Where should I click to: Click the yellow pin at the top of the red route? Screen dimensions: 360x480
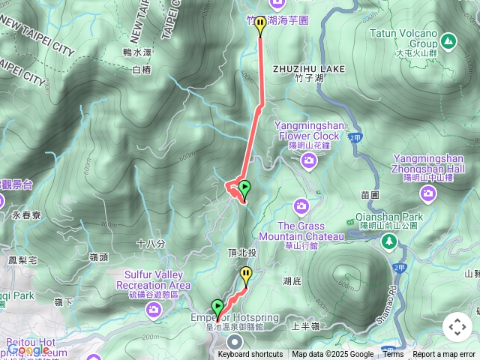pyautogui.click(x=260, y=25)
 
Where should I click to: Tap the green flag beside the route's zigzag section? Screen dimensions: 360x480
pyautogui.click(x=244, y=188)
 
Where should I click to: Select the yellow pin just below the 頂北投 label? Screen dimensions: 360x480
pyautogui.click(x=246, y=275)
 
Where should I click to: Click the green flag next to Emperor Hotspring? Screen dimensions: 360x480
pyautogui.click(x=217, y=307)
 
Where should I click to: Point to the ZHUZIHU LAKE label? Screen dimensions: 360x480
pyautogui.click(x=309, y=68)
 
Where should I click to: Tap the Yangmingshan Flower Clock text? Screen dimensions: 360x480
pyautogui.click(x=307, y=130)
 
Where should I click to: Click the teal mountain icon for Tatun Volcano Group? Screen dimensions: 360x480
pyautogui.click(x=448, y=40)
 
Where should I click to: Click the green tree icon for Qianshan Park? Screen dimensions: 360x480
pyautogui.click(x=388, y=241)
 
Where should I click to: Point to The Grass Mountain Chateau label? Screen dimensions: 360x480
pyautogui.click(x=310, y=231)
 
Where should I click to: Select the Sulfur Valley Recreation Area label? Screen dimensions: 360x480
pyautogui.click(x=153, y=280)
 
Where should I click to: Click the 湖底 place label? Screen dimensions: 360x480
pyautogui.click(x=292, y=280)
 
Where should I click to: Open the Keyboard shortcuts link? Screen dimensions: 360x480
pyautogui.click(x=250, y=355)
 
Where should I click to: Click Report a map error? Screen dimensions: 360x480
pyautogui.click(x=444, y=355)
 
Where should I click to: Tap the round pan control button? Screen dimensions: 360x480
pyautogui.click(x=457, y=327)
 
